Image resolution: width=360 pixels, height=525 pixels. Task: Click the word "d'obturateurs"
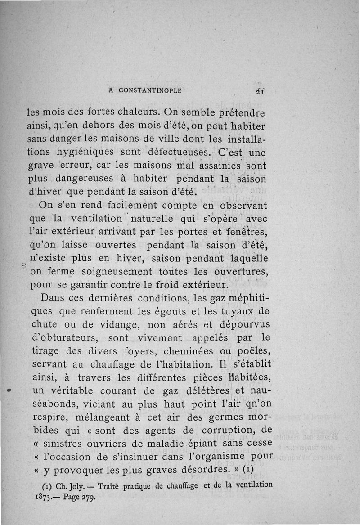64,337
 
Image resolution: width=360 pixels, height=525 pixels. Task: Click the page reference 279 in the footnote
88,498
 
